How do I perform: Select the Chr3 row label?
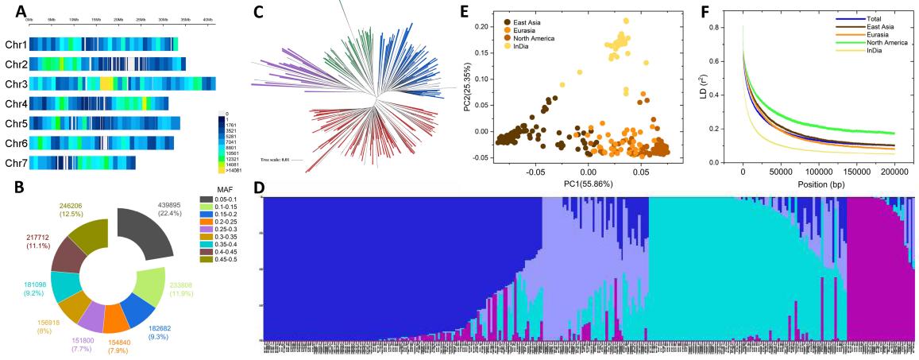tap(16, 83)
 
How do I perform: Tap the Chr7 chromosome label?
tap(16, 162)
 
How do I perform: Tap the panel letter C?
tap(257, 13)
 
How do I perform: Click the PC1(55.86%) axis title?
tap(588, 184)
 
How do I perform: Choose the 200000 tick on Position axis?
tap(894, 172)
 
